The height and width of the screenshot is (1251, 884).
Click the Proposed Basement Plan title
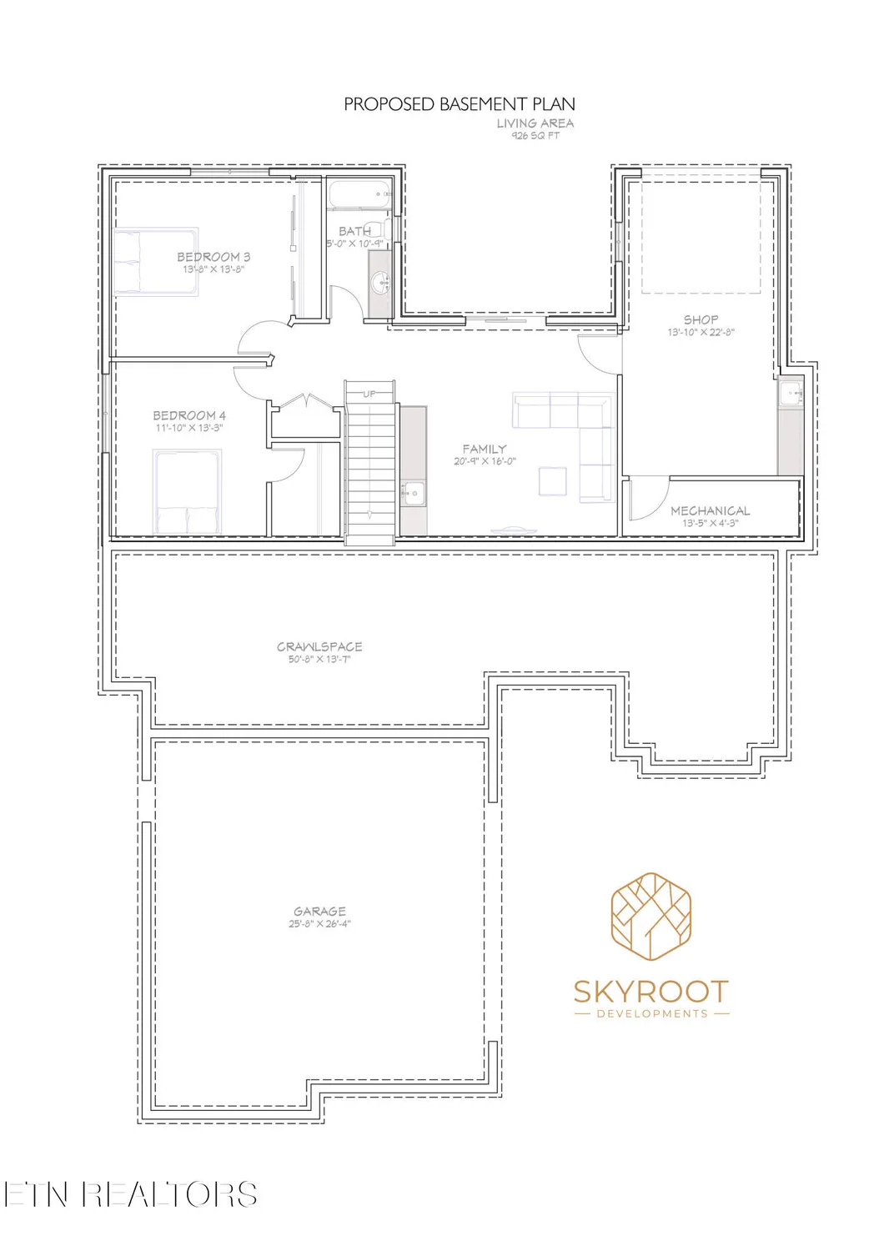pos(459,104)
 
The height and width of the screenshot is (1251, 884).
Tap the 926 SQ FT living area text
pos(535,136)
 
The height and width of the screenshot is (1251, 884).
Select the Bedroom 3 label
pos(213,257)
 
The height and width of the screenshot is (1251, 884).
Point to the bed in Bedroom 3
pos(156,261)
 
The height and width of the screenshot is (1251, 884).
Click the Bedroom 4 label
pos(189,415)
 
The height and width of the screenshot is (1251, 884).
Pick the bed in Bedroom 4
pos(187,491)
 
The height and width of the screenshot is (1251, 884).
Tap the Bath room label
pos(354,231)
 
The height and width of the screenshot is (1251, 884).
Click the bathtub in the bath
pos(359,193)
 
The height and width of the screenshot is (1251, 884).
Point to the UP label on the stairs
pos(369,394)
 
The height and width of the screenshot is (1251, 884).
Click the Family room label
pos(485,449)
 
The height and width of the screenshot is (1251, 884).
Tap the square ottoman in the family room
pos(553,481)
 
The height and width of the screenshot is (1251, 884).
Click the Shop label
pos(701,319)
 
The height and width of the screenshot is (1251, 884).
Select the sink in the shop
pos(791,393)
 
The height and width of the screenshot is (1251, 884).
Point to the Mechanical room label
pos(711,510)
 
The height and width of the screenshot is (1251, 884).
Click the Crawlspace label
pos(319,646)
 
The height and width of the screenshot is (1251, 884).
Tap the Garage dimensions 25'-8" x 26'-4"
pos(319,924)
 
